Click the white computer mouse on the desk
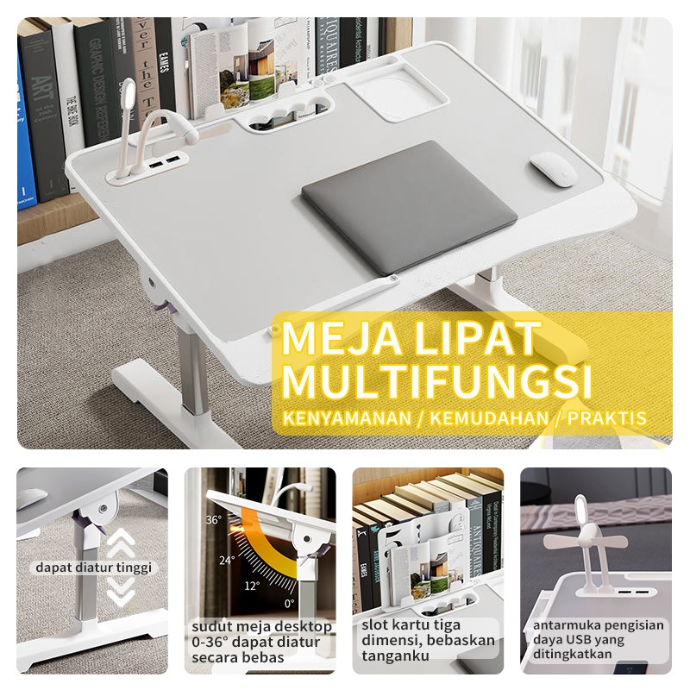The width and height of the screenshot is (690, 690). [x=554, y=169]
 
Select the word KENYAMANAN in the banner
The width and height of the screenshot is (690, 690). [x=347, y=418]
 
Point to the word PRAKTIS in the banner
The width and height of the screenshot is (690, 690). [x=607, y=418]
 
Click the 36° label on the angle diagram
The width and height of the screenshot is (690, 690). [x=213, y=520]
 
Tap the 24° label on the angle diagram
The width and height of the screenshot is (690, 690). [x=227, y=560]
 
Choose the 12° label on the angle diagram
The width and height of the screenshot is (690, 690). [x=252, y=586]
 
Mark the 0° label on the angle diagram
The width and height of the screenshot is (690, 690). [x=289, y=603]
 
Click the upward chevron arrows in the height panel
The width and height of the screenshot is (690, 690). [x=121, y=541]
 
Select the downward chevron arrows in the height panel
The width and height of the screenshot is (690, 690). [x=121, y=592]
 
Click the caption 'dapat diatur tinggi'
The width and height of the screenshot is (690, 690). [x=93, y=568]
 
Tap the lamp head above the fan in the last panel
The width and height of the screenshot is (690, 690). [x=580, y=510]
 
